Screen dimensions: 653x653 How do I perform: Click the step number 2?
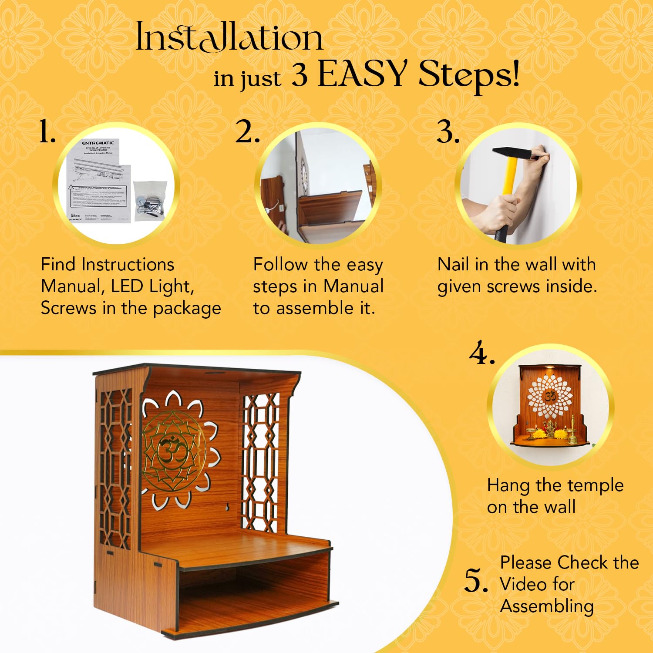[247, 132]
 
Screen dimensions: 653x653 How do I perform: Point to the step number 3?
[448, 132]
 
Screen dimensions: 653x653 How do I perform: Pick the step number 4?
[481, 353]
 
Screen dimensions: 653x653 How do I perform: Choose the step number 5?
[476, 581]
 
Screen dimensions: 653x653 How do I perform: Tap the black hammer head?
[512, 152]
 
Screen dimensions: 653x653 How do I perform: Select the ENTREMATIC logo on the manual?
[98, 143]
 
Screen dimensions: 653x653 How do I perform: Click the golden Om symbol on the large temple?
[173, 451]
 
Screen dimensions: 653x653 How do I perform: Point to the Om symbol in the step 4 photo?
[550, 396]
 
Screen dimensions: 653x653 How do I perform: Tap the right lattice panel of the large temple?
[260, 461]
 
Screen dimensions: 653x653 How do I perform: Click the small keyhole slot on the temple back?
[227, 507]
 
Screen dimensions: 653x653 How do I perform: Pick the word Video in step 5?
[537, 584]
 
